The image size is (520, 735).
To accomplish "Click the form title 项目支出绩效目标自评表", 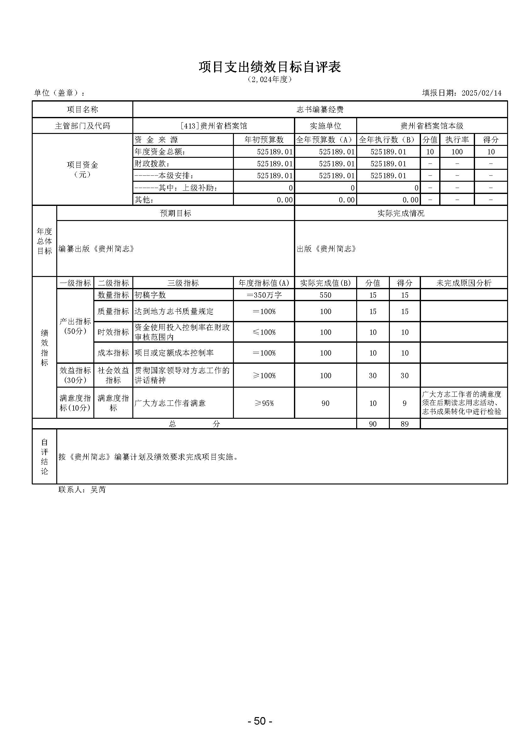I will pos(270,67).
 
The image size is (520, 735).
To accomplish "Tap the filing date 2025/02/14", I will pos(481,93).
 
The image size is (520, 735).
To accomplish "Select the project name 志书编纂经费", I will pos(320,109).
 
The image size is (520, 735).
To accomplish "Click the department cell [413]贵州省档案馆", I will pos(213,126).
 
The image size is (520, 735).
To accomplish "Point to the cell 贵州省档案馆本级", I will pos(432,126).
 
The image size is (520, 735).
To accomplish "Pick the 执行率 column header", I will pos(457,140).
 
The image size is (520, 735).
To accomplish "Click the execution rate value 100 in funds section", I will pos(457,152).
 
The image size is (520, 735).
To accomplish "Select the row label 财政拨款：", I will pos(152,163).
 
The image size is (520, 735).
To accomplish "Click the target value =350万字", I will pos(264,295).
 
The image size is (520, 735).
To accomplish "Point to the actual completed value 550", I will pos(325,295).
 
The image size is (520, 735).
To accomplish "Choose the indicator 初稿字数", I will pos(150,295).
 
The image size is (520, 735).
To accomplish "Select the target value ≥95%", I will pos(264,403).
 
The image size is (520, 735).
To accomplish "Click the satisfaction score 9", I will pos(404,403).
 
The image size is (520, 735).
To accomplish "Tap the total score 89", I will pos(404,424).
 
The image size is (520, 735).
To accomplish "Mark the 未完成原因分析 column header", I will pos(464,283).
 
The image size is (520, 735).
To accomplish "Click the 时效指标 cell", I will pos(113,332).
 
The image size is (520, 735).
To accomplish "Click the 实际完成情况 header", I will pos(401,213).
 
